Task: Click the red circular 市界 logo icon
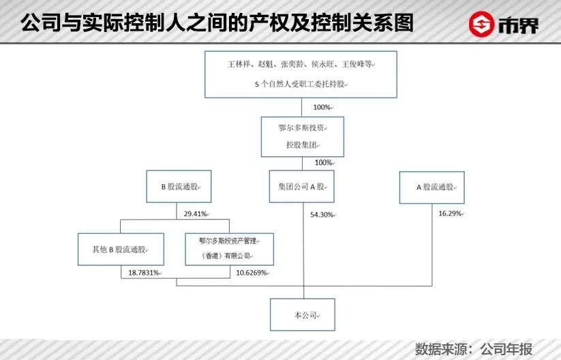pyautogui.click(x=481, y=24)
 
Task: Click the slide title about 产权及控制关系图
pyautogui.click(x=217, y=22)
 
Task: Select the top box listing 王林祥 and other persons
pyautogui.click(x=301, y=74)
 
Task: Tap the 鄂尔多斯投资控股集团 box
pyautogui.click(x=303, y=136)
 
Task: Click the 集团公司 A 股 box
pyautogui.click(x=301, y=186)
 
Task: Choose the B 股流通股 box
pyautogui.click(x=179, y=186)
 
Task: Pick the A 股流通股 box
pyautogui.click(x=432, y=187)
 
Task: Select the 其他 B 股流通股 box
pyautogui.click(x=121, y=250)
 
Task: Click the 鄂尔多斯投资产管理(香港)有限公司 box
pyautogui.click(x=229, y=250)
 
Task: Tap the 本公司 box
pyautogui.click(x=303, y=314)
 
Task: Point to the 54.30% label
pyautogui.click(x=322, y=215)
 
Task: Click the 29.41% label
pyautogui.click(x=196, y=214)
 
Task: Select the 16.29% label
pyautogui.click(x=450, y=213)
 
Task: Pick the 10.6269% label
pyautogui.click(x=252, y=273)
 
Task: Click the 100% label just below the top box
pyautogui.click(x=322, y=107)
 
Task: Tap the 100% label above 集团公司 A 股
pyautogui.click(x=323, y=162)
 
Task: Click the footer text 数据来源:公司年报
pyautogui.click(x=474, y=349)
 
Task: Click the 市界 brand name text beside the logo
pyautogui.click(x=517, y=25)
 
